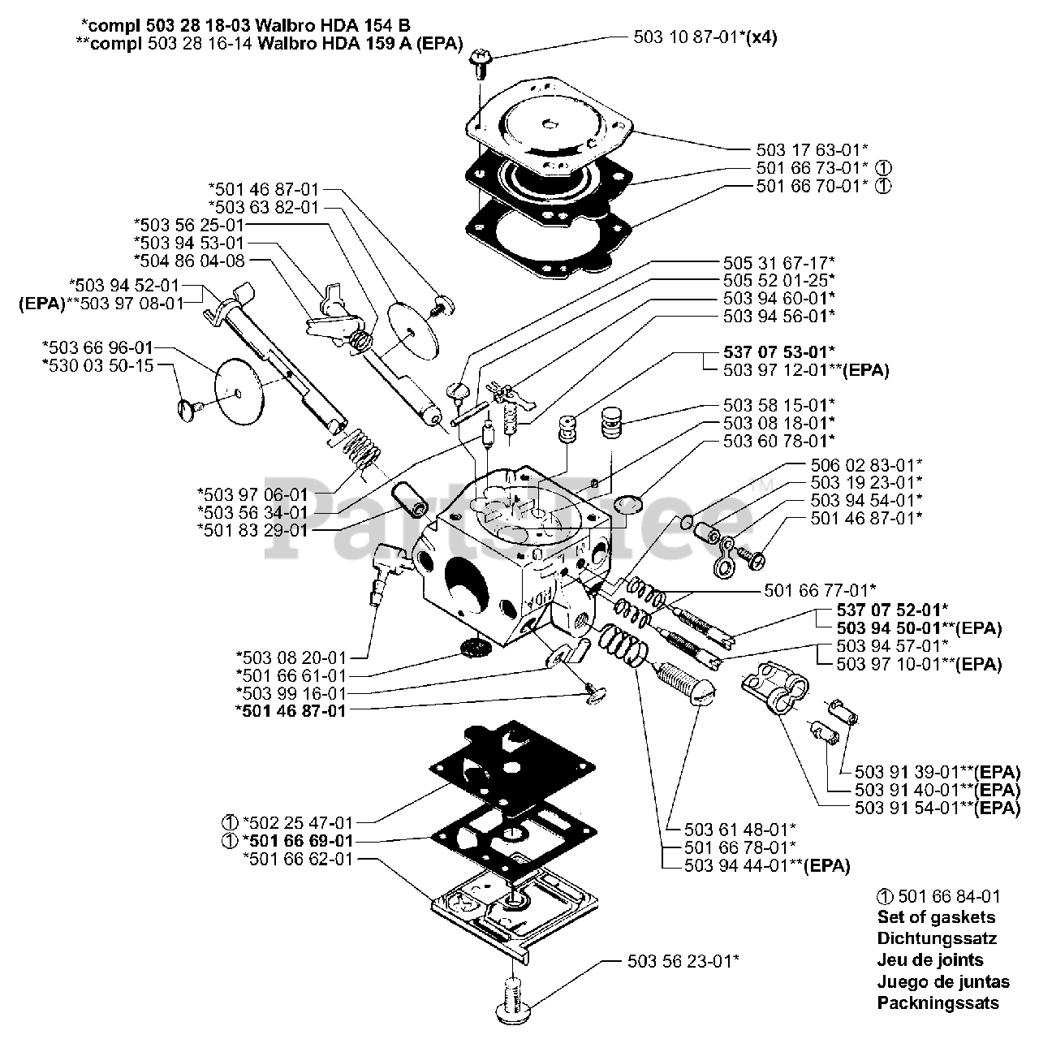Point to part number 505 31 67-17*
[x=778, y=262]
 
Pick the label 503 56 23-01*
[x=683, y=961]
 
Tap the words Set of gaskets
[x=935, y=917]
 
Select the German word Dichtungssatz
[x=937, y=938]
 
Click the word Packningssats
[x=938, y=1002]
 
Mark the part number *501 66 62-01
[x=298, y=858]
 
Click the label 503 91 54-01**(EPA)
[x=937, y=808]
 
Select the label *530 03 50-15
[x=97, y=365]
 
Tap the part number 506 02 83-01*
[x=866, y=465]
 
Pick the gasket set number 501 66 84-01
[x=938, y=896]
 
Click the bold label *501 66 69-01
[x=297, y=840]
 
